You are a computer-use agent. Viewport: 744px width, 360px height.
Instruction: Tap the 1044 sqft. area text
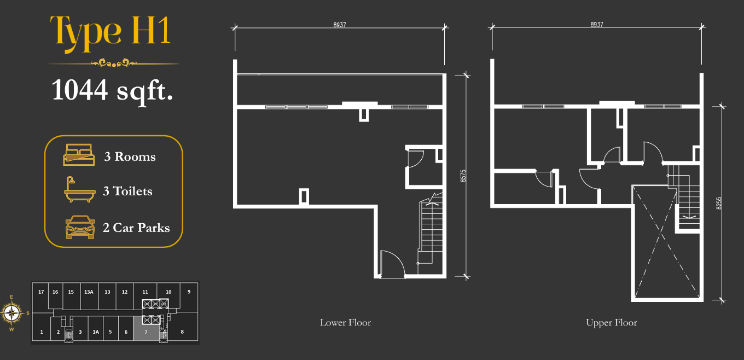[112, 90]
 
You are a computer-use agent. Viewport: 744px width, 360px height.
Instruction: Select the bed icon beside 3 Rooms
[79, 155]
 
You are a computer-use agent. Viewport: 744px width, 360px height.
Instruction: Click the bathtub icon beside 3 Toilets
[79, 189]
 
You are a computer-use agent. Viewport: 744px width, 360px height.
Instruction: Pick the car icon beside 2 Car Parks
[80, 227]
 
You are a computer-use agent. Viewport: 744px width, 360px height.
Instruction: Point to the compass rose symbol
[12, 313]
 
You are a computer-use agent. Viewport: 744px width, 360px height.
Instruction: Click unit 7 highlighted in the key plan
[146, 328]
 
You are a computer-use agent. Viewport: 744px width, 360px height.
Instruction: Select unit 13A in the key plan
[89, 292]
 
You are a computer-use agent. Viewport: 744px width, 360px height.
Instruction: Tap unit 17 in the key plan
[41, 292]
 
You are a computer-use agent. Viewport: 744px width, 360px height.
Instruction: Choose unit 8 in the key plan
[182, 332]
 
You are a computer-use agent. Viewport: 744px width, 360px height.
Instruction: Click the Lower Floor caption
[345, 322]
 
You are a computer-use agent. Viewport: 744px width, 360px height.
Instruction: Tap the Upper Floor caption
[612, 322]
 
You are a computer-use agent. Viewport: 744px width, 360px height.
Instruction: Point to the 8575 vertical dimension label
[463, 176]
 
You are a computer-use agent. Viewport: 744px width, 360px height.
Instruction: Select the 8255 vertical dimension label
[719, 203]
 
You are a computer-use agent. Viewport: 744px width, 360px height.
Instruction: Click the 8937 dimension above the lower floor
[339, 25]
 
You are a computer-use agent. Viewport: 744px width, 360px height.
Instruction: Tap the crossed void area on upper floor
[667, 242]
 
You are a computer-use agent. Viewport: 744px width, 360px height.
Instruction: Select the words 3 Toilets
[127, 191]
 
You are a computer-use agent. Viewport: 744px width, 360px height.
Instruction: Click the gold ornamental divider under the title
[114, 63]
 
